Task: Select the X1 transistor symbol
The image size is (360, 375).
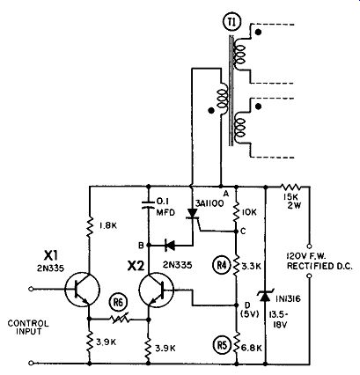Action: (82, 290)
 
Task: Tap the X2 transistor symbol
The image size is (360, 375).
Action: (157, 290)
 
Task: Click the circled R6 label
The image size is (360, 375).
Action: (118, 304)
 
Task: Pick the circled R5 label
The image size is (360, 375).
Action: (221, 345)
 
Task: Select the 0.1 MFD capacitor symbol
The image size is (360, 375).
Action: (149, 204)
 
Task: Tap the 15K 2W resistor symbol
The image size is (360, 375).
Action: (290, 187)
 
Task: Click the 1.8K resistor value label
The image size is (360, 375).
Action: (107, 226)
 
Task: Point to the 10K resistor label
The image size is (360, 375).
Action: (249, 212)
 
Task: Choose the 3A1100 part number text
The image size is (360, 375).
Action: (209, 203)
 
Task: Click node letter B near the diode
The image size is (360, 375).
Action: (141, 246)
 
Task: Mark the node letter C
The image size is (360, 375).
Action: (243, 232)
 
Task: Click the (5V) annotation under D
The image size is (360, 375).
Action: (249, 313)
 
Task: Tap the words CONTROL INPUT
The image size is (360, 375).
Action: (28, 327)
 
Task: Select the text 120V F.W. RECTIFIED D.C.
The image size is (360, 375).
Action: (320, 261)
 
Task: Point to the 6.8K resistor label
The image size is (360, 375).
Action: (252, 348)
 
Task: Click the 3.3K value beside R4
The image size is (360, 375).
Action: (251, 267)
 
